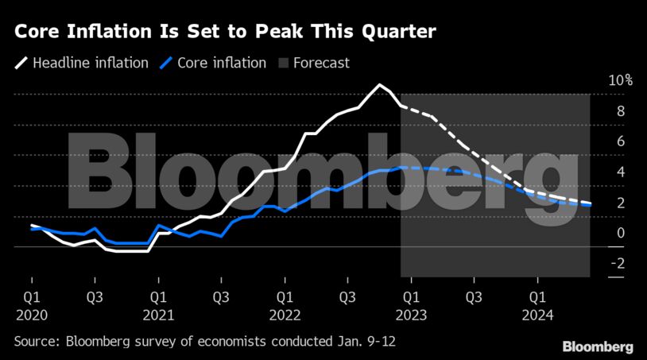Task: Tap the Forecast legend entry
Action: click(321, 63)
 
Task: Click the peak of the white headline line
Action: click(380, 84)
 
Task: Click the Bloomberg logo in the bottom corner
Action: click(598, 346)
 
